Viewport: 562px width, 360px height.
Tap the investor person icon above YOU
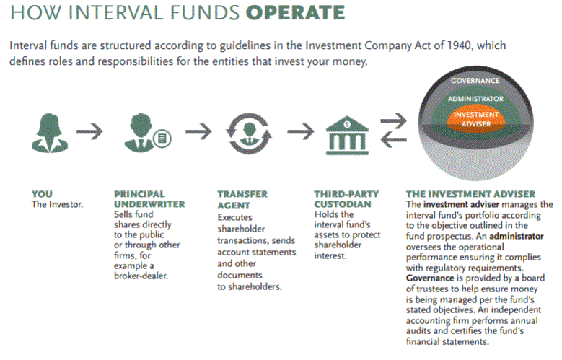(x=47, y=133)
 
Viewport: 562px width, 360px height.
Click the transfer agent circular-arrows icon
(x=247, y=133)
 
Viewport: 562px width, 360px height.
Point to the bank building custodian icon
(x=346, y=134)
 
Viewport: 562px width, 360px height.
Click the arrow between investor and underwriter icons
(x=89, y=132)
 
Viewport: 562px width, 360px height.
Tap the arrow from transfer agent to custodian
(x=299, y=132)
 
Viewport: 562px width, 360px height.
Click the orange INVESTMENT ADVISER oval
(x=476, y=118)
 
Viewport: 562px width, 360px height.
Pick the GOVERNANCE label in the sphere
(x=475, y=81)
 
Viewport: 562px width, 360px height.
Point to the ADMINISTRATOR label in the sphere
(x=475, y=98)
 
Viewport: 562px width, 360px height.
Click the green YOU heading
(x=42, y=194)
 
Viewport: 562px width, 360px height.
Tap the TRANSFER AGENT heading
(x=242, y=199)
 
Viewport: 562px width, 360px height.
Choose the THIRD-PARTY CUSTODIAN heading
(x=346, y=199)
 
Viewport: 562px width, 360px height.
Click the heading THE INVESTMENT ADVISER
(x=470, y=194)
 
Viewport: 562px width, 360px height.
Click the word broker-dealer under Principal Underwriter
(x=141, y=276)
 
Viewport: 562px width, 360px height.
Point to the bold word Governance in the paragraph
(x=428, y=276)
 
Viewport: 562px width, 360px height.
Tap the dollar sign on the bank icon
(x=346, y=123)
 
